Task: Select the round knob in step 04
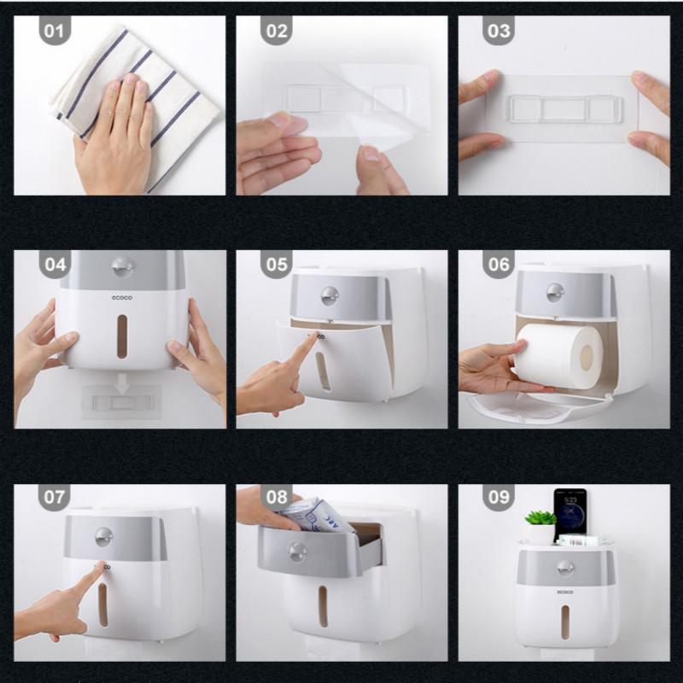pos(121,266)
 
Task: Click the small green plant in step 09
pos(540,520)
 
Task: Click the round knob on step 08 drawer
pos(298,552)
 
